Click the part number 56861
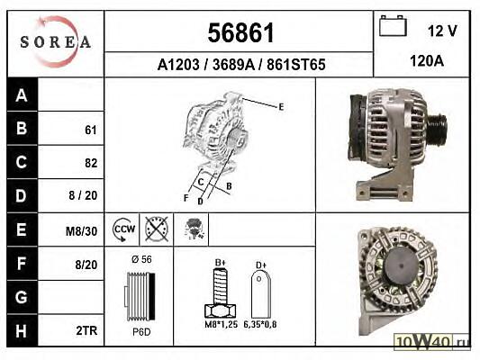click(x=240, y=32)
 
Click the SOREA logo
click(x=56, y=41)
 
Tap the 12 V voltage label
click(x=442, y=31)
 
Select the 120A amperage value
click(x=427, y=61)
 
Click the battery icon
click(x=393, y=26)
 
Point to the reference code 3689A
click(x=233, y=65)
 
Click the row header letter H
click(x=21, y=331)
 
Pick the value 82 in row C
click(x=91, y=163)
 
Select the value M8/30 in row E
click(x=81, y=231)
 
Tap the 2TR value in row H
click(x=86, y=330)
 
